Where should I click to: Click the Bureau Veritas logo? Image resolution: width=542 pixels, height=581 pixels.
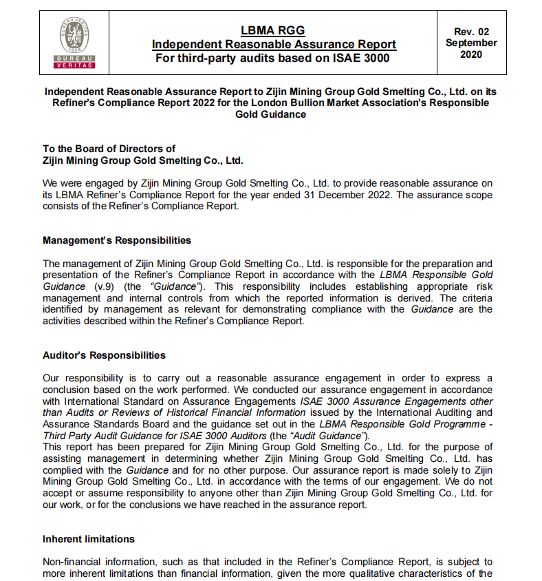(x=74, y=43)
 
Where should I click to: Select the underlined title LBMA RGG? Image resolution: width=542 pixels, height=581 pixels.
(x=272, y=30)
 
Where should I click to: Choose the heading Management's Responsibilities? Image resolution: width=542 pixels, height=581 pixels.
(x=117, y=240)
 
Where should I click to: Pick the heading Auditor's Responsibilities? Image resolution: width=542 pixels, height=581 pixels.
(x=104, y=355)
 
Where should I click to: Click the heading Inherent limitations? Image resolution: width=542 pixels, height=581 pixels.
(x=89, y=538)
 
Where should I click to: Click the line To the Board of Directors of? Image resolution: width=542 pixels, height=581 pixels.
(x=109, y=149)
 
